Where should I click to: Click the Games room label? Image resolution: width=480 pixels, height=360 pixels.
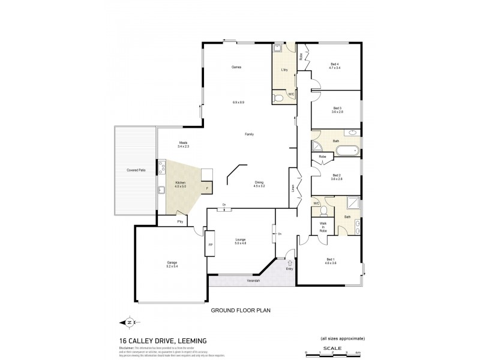click(x=236, y=67)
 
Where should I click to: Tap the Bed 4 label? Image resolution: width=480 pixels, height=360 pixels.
click(x=334, y=64)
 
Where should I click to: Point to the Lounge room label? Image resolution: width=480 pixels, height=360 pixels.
click(x=240, y=239)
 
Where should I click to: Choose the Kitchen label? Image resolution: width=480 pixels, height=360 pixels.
click(x=180, y=182)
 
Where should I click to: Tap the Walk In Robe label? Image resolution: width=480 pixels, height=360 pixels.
click(x=323, y=226)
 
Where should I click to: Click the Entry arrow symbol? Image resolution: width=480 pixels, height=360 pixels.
click(x=290, y=262)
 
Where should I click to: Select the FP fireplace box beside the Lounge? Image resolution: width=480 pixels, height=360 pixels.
click(x=210, y=245)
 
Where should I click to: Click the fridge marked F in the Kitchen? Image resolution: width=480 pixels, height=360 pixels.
click(x=207, y=188)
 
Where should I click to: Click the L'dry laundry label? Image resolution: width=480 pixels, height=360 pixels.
click(x=284, y=70)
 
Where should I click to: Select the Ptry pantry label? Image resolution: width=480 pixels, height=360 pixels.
click(x=179, y=222)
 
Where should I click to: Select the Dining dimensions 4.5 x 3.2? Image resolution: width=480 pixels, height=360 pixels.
click(x=259, y=186)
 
